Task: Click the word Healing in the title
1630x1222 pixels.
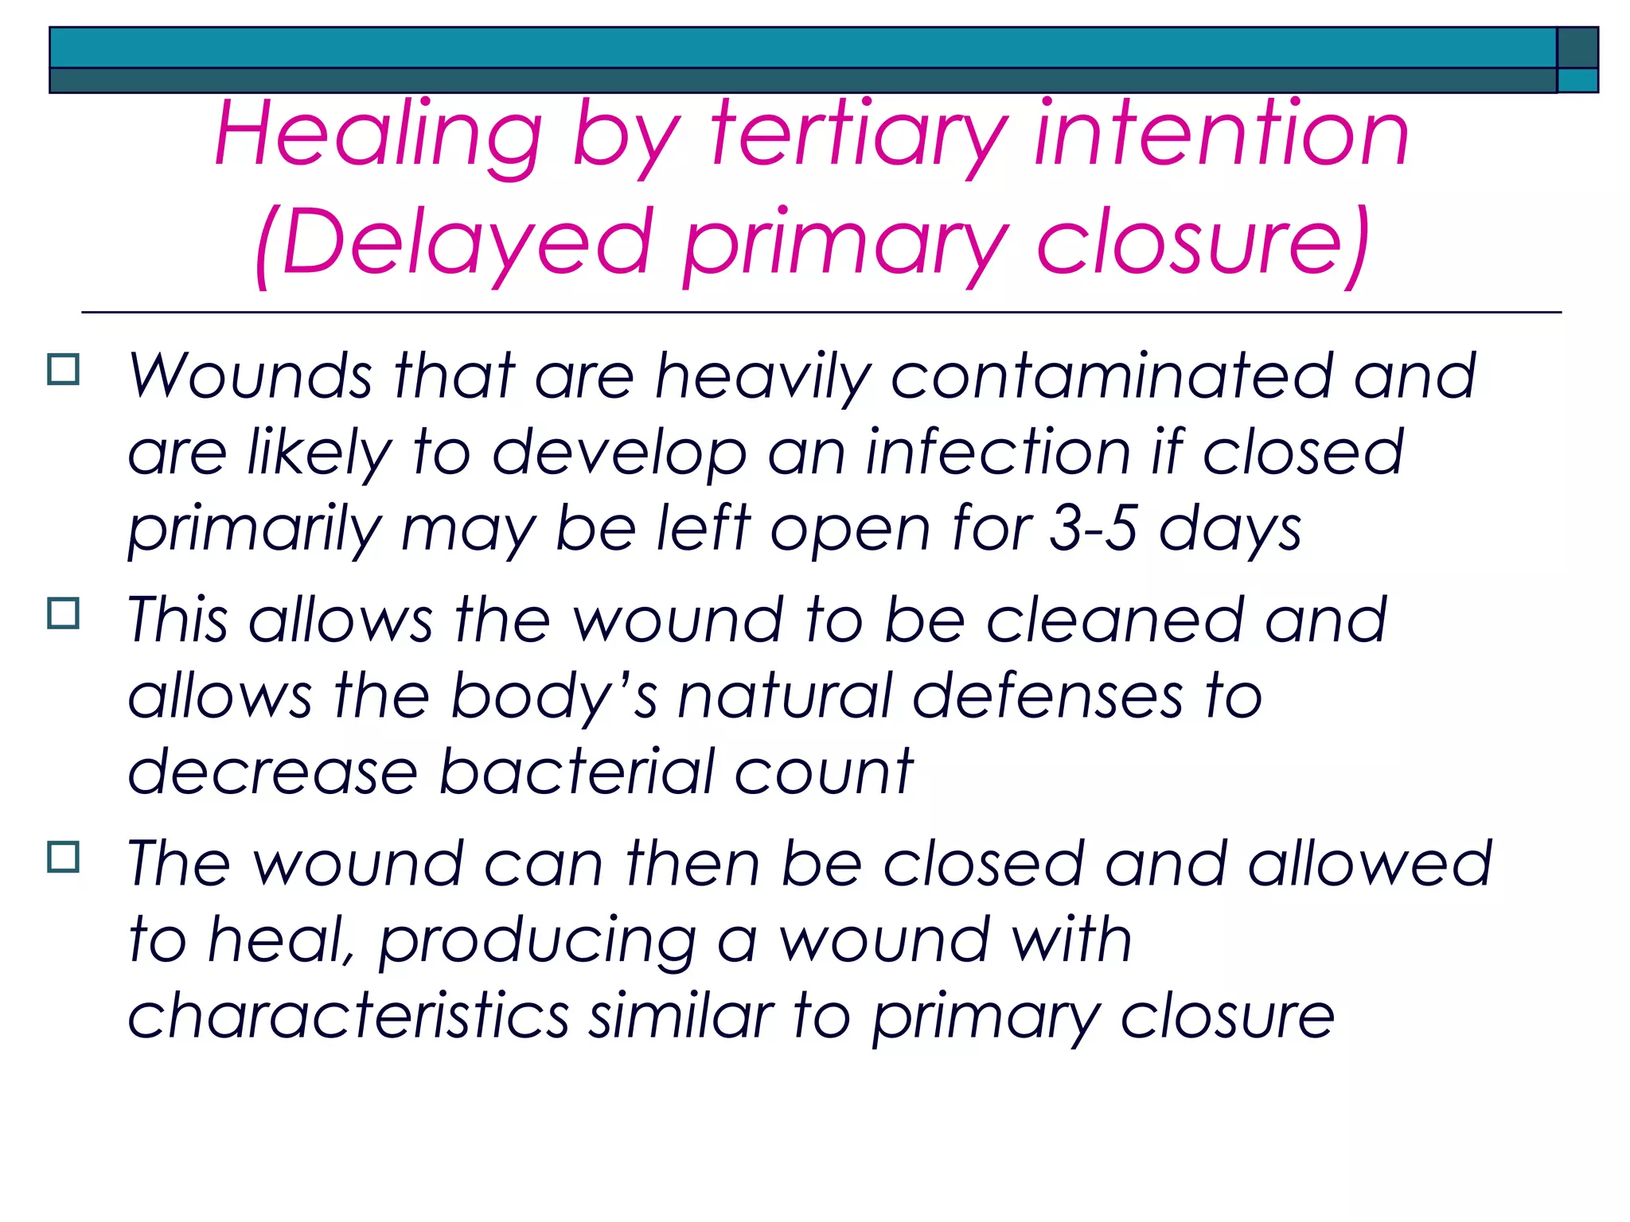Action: [378, 135]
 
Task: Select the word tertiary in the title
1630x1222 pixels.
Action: [860, 135]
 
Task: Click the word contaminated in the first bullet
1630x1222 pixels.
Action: [1110, 376]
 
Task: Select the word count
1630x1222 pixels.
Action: [823, 771]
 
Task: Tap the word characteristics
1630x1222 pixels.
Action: [348, 1016]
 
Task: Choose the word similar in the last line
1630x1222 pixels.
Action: [680, 1016]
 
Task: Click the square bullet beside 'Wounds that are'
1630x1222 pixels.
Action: [64, 370]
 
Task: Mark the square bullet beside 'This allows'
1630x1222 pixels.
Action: [64, 613]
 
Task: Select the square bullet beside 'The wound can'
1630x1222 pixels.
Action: [64, 857]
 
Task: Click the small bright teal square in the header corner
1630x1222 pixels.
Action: [1577, 81]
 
